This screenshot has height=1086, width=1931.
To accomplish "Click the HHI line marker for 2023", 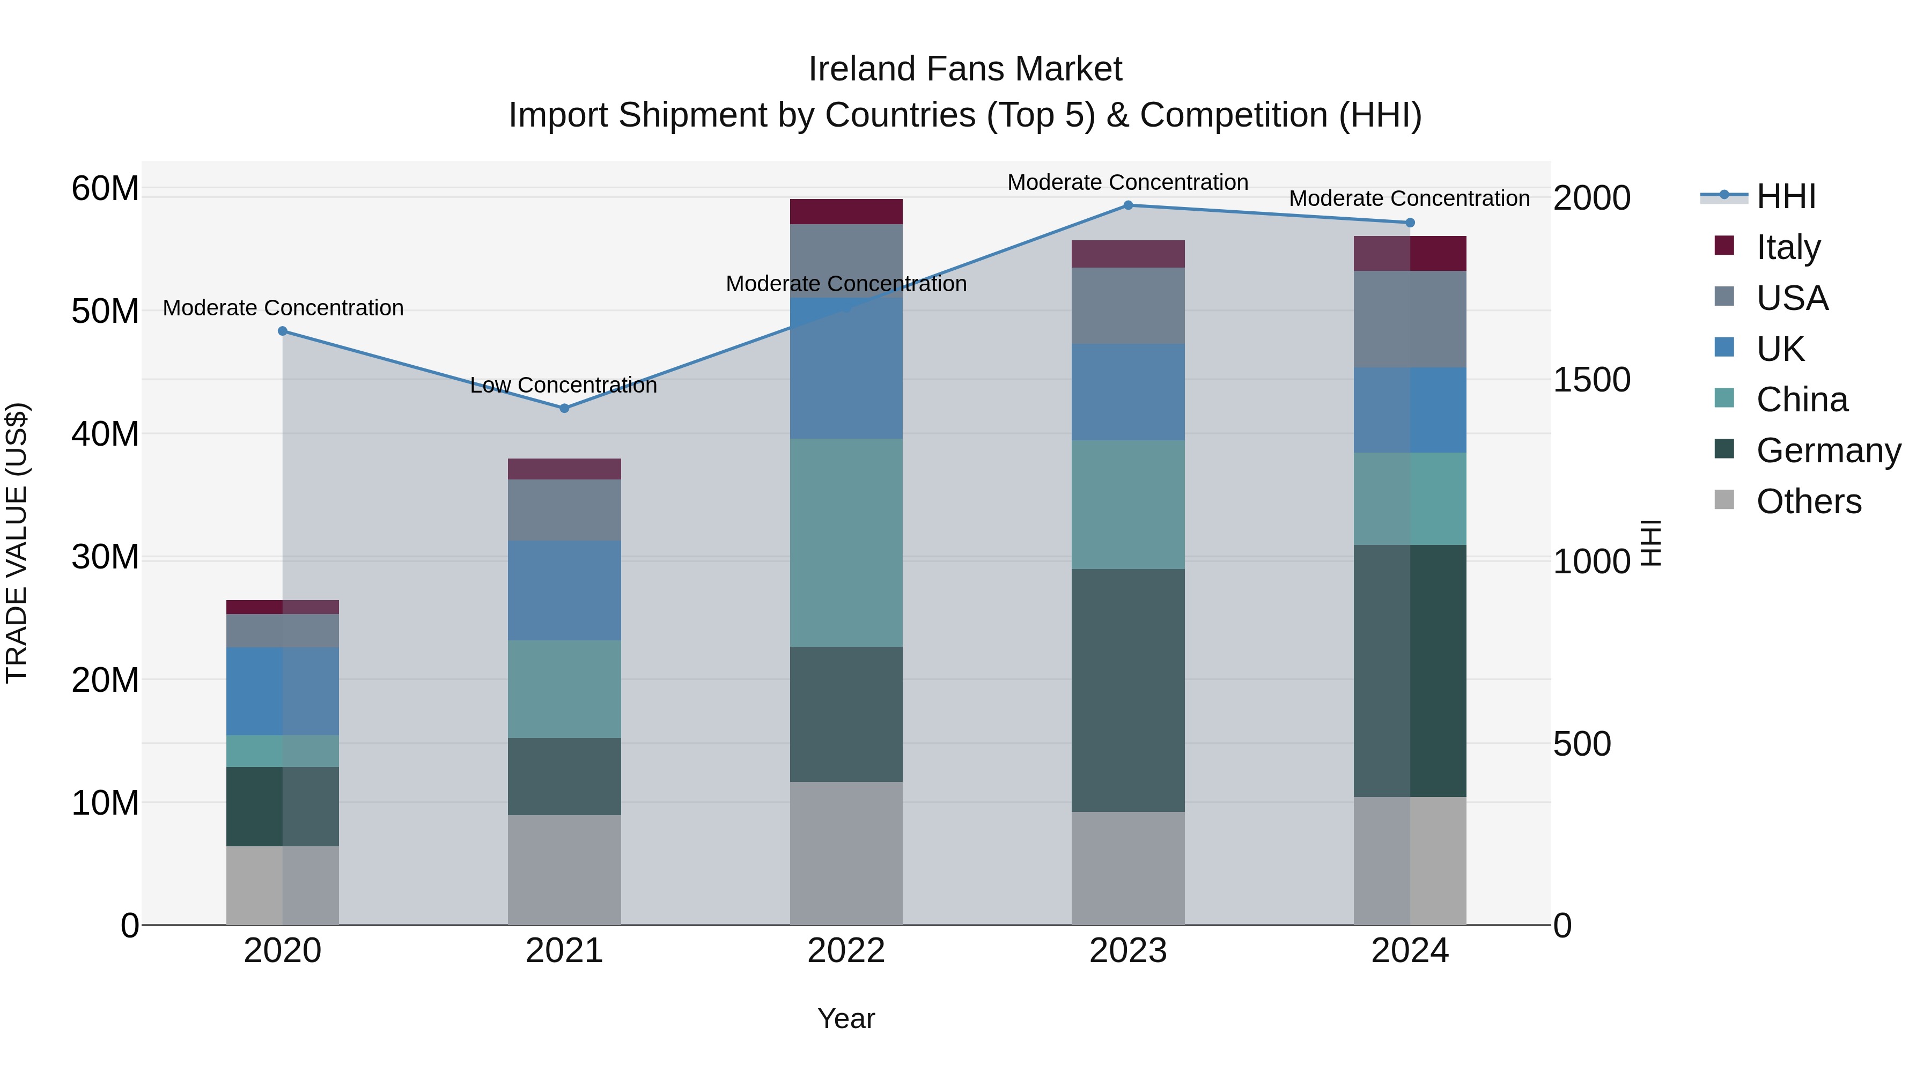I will point(1127,205).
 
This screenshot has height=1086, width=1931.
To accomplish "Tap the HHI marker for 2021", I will point(564,409).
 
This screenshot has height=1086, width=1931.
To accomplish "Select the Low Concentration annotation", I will point(563,385).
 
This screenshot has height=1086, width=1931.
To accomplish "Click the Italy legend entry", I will point(1787,247).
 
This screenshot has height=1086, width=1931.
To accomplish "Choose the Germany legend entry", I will point(1827,450).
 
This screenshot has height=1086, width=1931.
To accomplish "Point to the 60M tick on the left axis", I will point(105,188).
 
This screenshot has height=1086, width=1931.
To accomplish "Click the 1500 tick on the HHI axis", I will point(1591,380).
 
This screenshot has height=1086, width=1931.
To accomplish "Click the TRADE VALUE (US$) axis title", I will point(17,543).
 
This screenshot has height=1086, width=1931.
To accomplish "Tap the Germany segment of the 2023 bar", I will point(1127,690).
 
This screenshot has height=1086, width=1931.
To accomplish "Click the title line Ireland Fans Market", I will point(965,69).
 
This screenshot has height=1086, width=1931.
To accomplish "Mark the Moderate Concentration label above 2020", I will point(283,308).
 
